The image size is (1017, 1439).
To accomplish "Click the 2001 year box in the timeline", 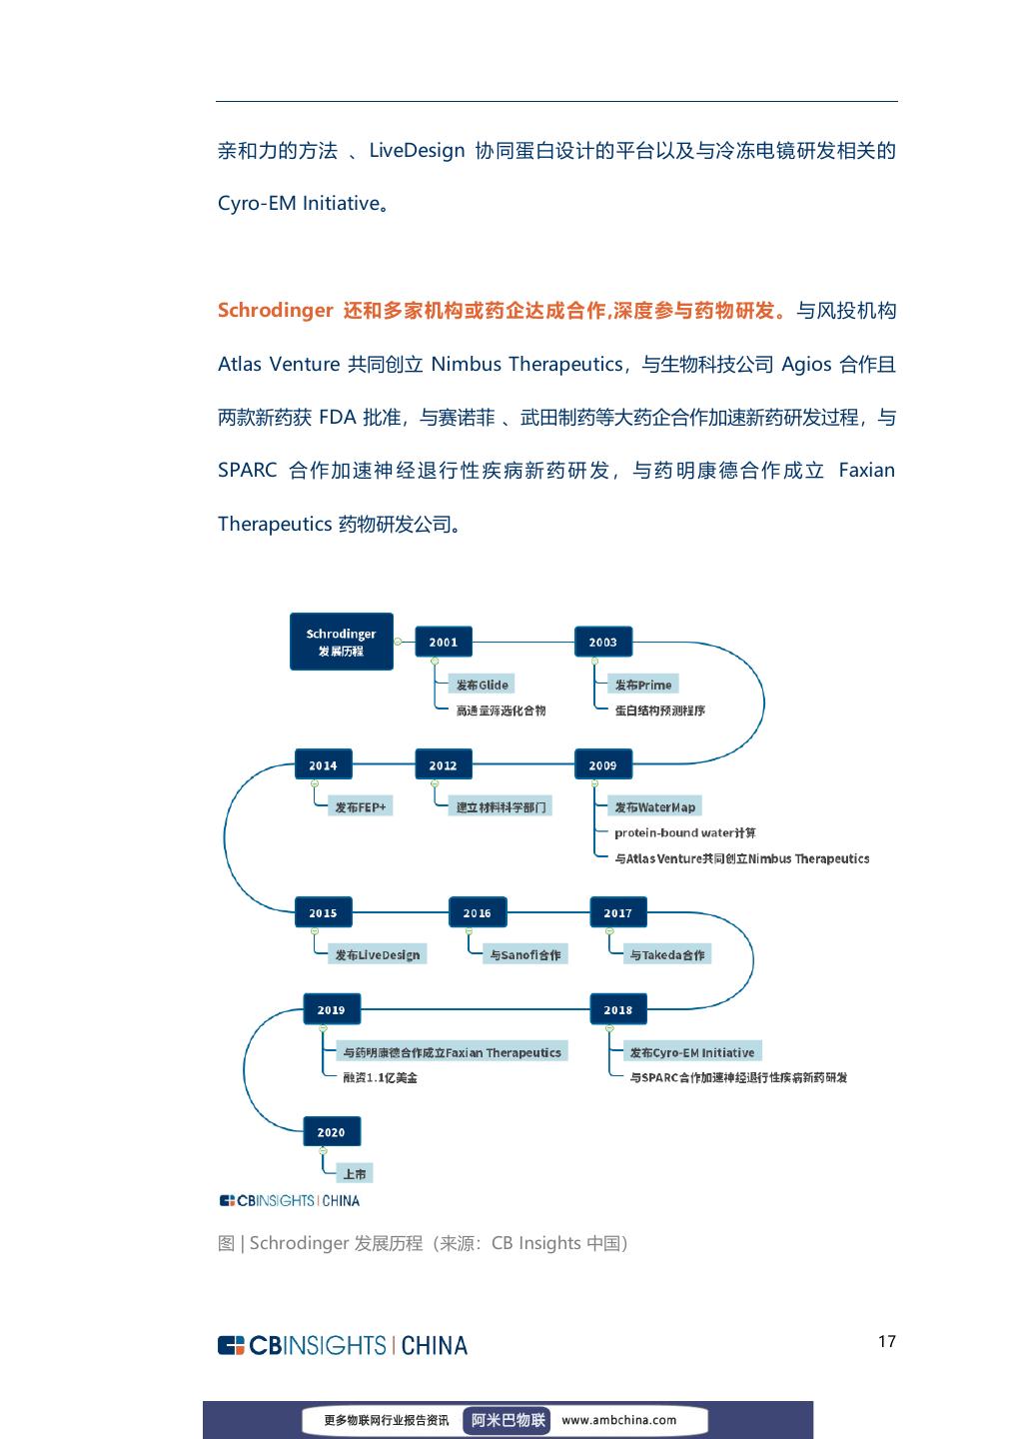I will (443, 643).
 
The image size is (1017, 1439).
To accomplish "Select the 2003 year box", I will (602, 643).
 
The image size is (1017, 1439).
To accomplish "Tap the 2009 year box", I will (602, 765).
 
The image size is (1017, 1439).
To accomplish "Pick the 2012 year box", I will (443, 765).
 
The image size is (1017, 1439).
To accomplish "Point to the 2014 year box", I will (323, 765).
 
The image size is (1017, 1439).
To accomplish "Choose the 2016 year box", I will (477, 912).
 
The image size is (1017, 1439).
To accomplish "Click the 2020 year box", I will (331, 1132).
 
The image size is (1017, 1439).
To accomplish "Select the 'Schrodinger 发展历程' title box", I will (341, 642).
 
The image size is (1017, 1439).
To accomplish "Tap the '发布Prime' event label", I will (642, 685).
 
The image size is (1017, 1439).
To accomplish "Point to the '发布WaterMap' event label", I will (654, 806).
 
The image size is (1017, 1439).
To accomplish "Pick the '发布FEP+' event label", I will (360, 806).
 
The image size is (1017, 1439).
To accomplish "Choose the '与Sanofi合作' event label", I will (524, 954).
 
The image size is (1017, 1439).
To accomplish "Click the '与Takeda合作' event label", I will (666, 954).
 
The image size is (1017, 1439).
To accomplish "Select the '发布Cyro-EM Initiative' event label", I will (691, 1052).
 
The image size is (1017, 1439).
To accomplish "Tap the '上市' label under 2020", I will (355, 1174).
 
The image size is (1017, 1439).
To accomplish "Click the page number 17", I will (886, 1341).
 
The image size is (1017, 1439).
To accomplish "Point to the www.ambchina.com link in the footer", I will (618, 1419).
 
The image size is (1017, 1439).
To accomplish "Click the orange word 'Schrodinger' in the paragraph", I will (275, 310).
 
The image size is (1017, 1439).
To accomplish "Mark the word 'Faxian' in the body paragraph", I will (866, 470).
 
